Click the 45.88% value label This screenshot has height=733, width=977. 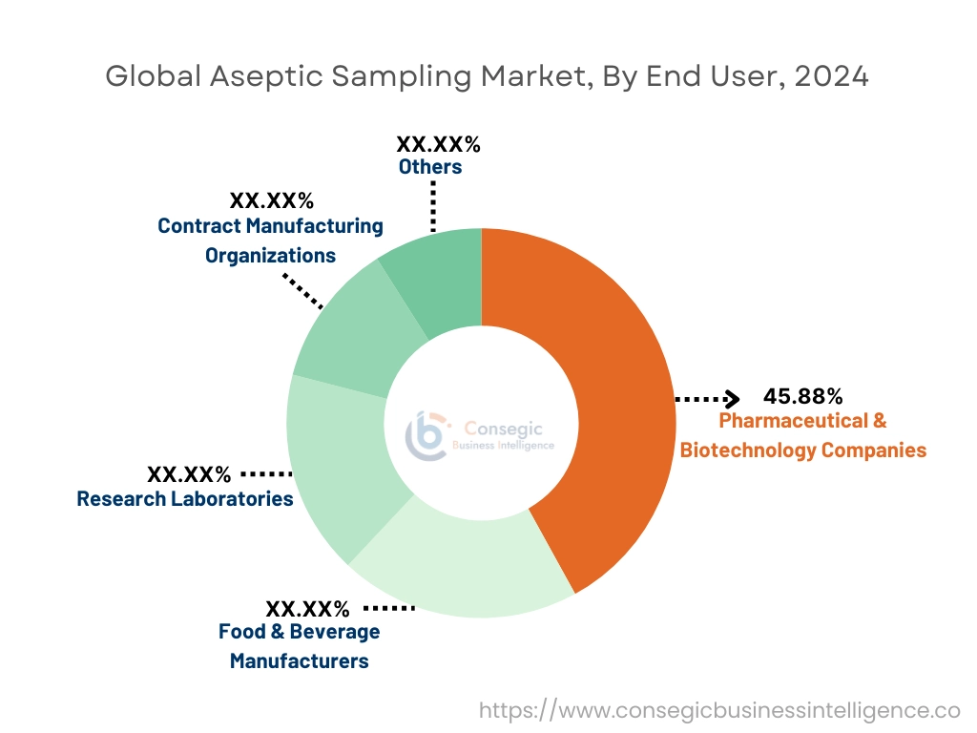click(x=802, y=396)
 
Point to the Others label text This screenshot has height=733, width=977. click(x=430, y=167)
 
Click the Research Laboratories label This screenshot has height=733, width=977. click(x=185, y=498)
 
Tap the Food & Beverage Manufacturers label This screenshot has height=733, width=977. click(x=299, y=645)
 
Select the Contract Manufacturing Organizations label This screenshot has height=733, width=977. click(x=270, y=241)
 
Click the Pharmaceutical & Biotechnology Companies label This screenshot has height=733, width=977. click(x=802, y=435)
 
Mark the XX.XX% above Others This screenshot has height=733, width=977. click(x=438, y=145)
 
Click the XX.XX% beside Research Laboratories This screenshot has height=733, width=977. click(x=189, y=474)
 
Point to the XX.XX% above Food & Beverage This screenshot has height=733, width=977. click(x=307, y=608)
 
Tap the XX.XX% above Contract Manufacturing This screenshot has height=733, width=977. click(x=271, y=201)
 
